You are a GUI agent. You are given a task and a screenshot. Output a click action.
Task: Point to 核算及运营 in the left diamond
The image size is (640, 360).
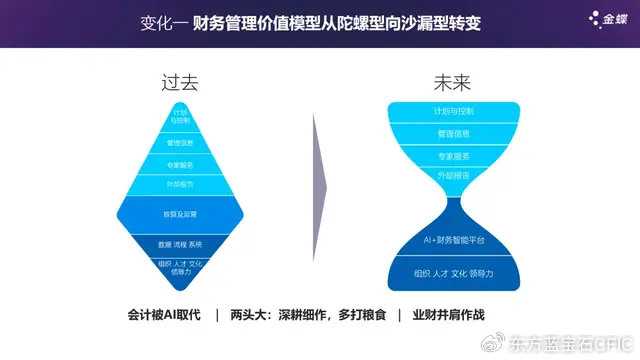click(180, 215)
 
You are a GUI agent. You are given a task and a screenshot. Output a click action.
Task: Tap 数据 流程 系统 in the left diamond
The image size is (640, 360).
click(180, 244)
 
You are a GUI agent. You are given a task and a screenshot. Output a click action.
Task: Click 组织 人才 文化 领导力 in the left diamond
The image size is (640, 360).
click(180, 266)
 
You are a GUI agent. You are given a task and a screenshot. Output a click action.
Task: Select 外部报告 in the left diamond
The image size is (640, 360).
click(180, 184)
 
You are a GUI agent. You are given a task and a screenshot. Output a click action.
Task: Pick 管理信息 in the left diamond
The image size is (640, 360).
click(180, 142)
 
